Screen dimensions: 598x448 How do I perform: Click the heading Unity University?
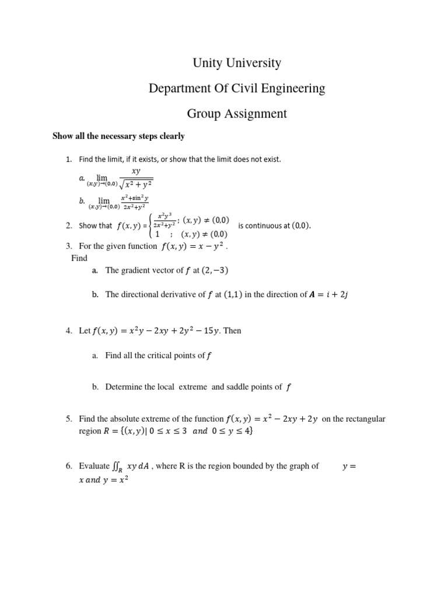pos(236,63)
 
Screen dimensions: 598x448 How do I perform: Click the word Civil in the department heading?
pos(254,89)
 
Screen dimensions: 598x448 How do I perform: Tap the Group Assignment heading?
pos(236,114)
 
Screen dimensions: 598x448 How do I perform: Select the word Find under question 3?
pos(79,258)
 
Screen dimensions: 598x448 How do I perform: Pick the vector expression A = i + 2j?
pos(327,295)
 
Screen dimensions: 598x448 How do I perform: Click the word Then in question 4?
pos(232,331)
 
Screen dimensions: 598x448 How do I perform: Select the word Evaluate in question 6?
pos(93,466)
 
